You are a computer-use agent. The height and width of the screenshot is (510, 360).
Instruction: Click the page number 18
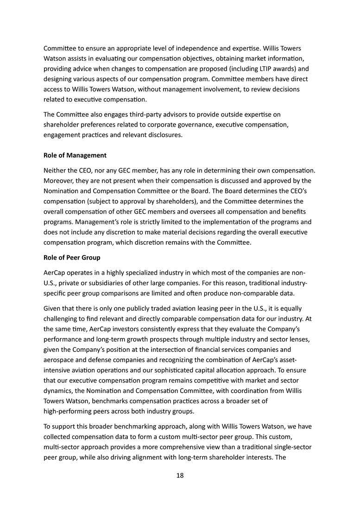pos(180,476)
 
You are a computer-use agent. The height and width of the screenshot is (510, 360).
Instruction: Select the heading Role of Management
pos(75,155)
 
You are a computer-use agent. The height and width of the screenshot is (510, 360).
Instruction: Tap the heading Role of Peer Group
pos(72,257)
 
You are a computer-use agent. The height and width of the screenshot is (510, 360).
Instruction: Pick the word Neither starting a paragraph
pos(55,170)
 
